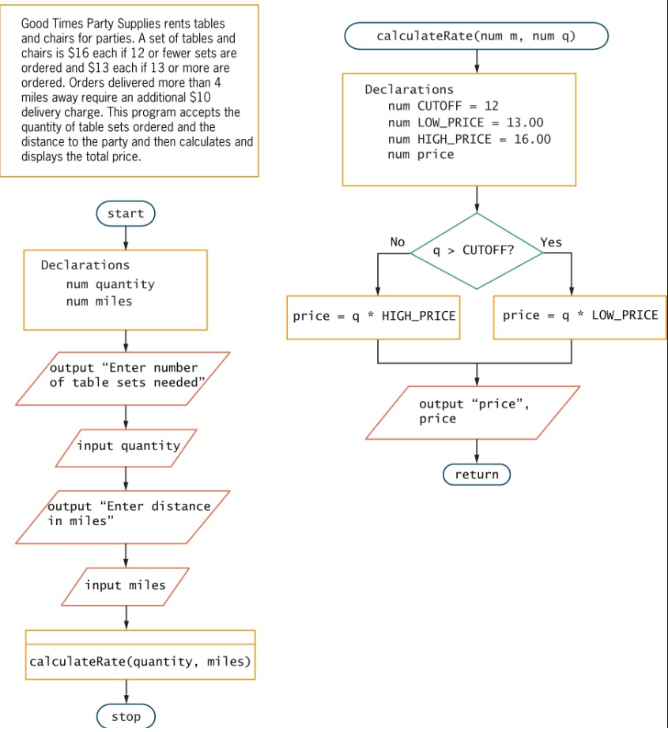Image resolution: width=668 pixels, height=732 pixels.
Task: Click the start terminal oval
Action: click(126, 213)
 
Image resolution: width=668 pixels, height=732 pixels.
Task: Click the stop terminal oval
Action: click(126, 716)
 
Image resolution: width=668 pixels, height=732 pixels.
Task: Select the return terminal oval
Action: click(477, 475)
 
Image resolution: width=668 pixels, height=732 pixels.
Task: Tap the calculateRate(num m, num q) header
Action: click(476, 36)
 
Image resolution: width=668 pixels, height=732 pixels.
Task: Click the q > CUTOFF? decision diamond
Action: click(477, 251)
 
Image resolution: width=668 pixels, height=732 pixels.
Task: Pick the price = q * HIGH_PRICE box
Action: click(374, 317)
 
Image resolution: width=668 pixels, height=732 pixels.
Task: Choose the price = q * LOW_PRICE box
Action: click(579, 316)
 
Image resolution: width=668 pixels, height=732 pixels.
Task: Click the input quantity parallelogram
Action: click(126, 447)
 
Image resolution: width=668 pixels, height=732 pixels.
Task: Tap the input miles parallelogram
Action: click(126, 586)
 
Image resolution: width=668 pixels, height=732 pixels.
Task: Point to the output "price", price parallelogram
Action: click(474, 412)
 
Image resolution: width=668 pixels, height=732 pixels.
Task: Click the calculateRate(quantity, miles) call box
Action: click(140, 661)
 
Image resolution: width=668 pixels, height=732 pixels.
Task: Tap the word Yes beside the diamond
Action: click(551, 242)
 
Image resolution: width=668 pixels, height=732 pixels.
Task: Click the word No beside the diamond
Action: click(398, 242)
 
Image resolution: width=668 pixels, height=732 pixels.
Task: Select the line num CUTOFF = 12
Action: click(443, 106)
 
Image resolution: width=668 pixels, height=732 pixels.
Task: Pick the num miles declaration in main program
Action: click(99, 301)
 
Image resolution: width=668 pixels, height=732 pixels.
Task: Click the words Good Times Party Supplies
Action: click(91, 23)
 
